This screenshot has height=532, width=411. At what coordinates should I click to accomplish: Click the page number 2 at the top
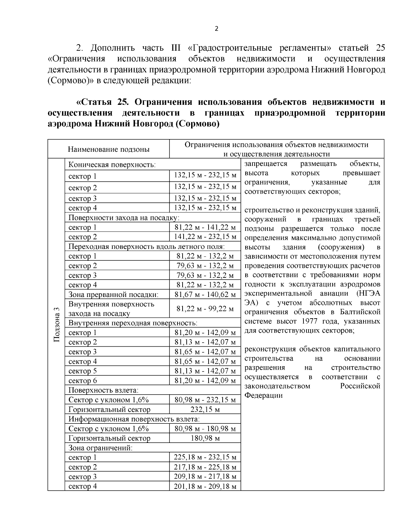pyautogui.click(x=216, y=29)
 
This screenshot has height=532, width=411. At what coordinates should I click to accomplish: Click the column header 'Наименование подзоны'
pyautogui.click(x=108, y=149)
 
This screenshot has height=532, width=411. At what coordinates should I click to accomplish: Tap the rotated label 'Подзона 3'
pyautogui.click(x=57, y=324)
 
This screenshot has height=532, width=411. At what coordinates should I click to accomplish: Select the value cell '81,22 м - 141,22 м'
pyautogui.click(x=205, y=227)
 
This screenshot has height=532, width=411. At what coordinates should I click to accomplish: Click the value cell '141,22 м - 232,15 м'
pyautogui.click(x=205, y=237)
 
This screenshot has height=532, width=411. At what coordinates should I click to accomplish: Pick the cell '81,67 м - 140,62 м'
pyautogui.click(x=205, y=295)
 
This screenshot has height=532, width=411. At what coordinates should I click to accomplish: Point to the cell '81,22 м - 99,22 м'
pyautogui.click(x=205, y=309)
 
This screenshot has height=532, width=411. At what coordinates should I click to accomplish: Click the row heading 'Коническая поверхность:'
pyautogui.click(x=112, y=165)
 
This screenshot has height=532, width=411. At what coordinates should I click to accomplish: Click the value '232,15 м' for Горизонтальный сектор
pyautogui.click(x=205, y=410)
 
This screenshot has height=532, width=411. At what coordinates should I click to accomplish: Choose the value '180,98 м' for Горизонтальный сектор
pyautogui.click(x=205, y=438)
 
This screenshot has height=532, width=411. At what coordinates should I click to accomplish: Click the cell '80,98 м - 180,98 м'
pyautogui.click(x=205, y=429)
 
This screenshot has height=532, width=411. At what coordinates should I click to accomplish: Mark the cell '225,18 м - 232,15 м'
pyautogui.click(x=205, y=458)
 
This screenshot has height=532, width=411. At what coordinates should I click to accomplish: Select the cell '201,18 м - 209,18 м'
pyautogui.click(x=205, y=486)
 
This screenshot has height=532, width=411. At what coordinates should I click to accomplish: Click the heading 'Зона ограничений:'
pyautogui.click(x=100, y=448)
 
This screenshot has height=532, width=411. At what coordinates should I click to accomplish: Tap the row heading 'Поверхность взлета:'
pyautogui.click(x=103, y=390)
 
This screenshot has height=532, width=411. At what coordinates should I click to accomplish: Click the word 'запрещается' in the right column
pyautogui.click(x=266, y=164)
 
